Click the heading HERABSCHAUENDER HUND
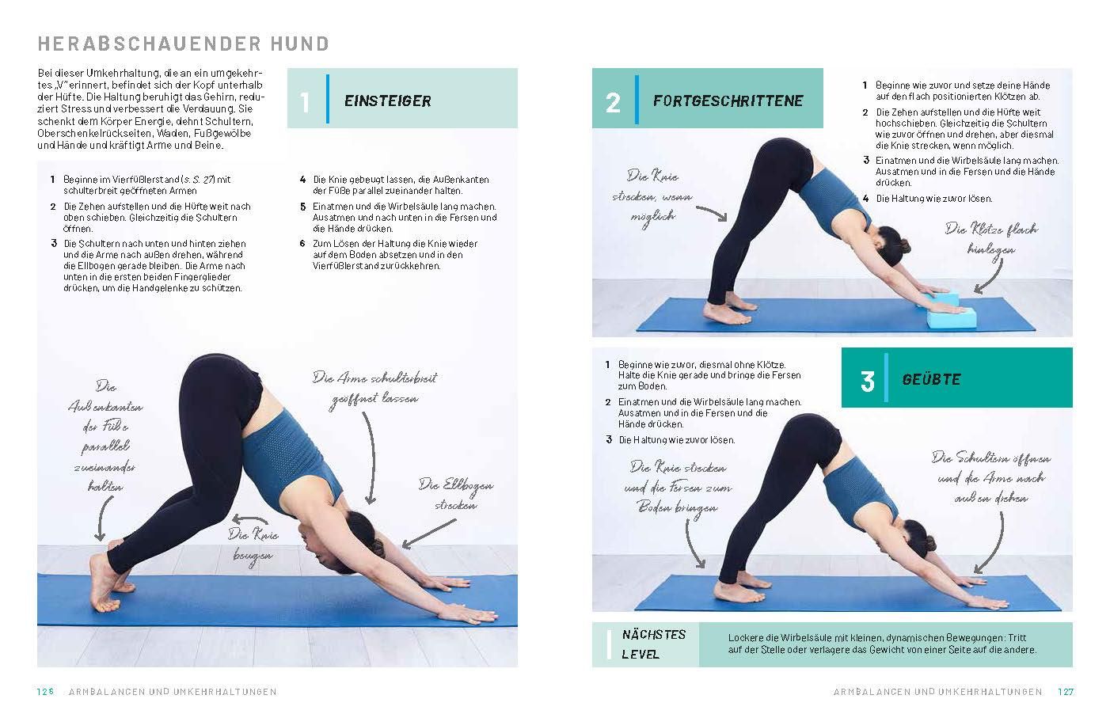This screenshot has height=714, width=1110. point(183,44)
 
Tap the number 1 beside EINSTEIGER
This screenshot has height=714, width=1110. point(306,102)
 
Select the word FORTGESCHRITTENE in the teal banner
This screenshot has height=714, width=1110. point(728,101)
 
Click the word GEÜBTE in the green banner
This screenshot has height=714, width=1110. point(931,380)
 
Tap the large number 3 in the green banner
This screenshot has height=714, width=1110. point(867,381)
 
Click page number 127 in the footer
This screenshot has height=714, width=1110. point(1066,692)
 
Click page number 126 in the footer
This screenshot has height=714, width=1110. point(44,692)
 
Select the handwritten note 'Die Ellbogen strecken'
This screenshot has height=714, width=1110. point(455,495)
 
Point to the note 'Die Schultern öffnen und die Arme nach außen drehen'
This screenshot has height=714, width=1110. point(990,477)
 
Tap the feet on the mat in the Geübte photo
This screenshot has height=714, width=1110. point(732,592)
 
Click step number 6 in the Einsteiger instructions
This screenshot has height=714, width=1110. point(302,244)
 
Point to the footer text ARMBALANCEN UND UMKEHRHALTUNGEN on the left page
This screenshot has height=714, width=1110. point(173,692)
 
